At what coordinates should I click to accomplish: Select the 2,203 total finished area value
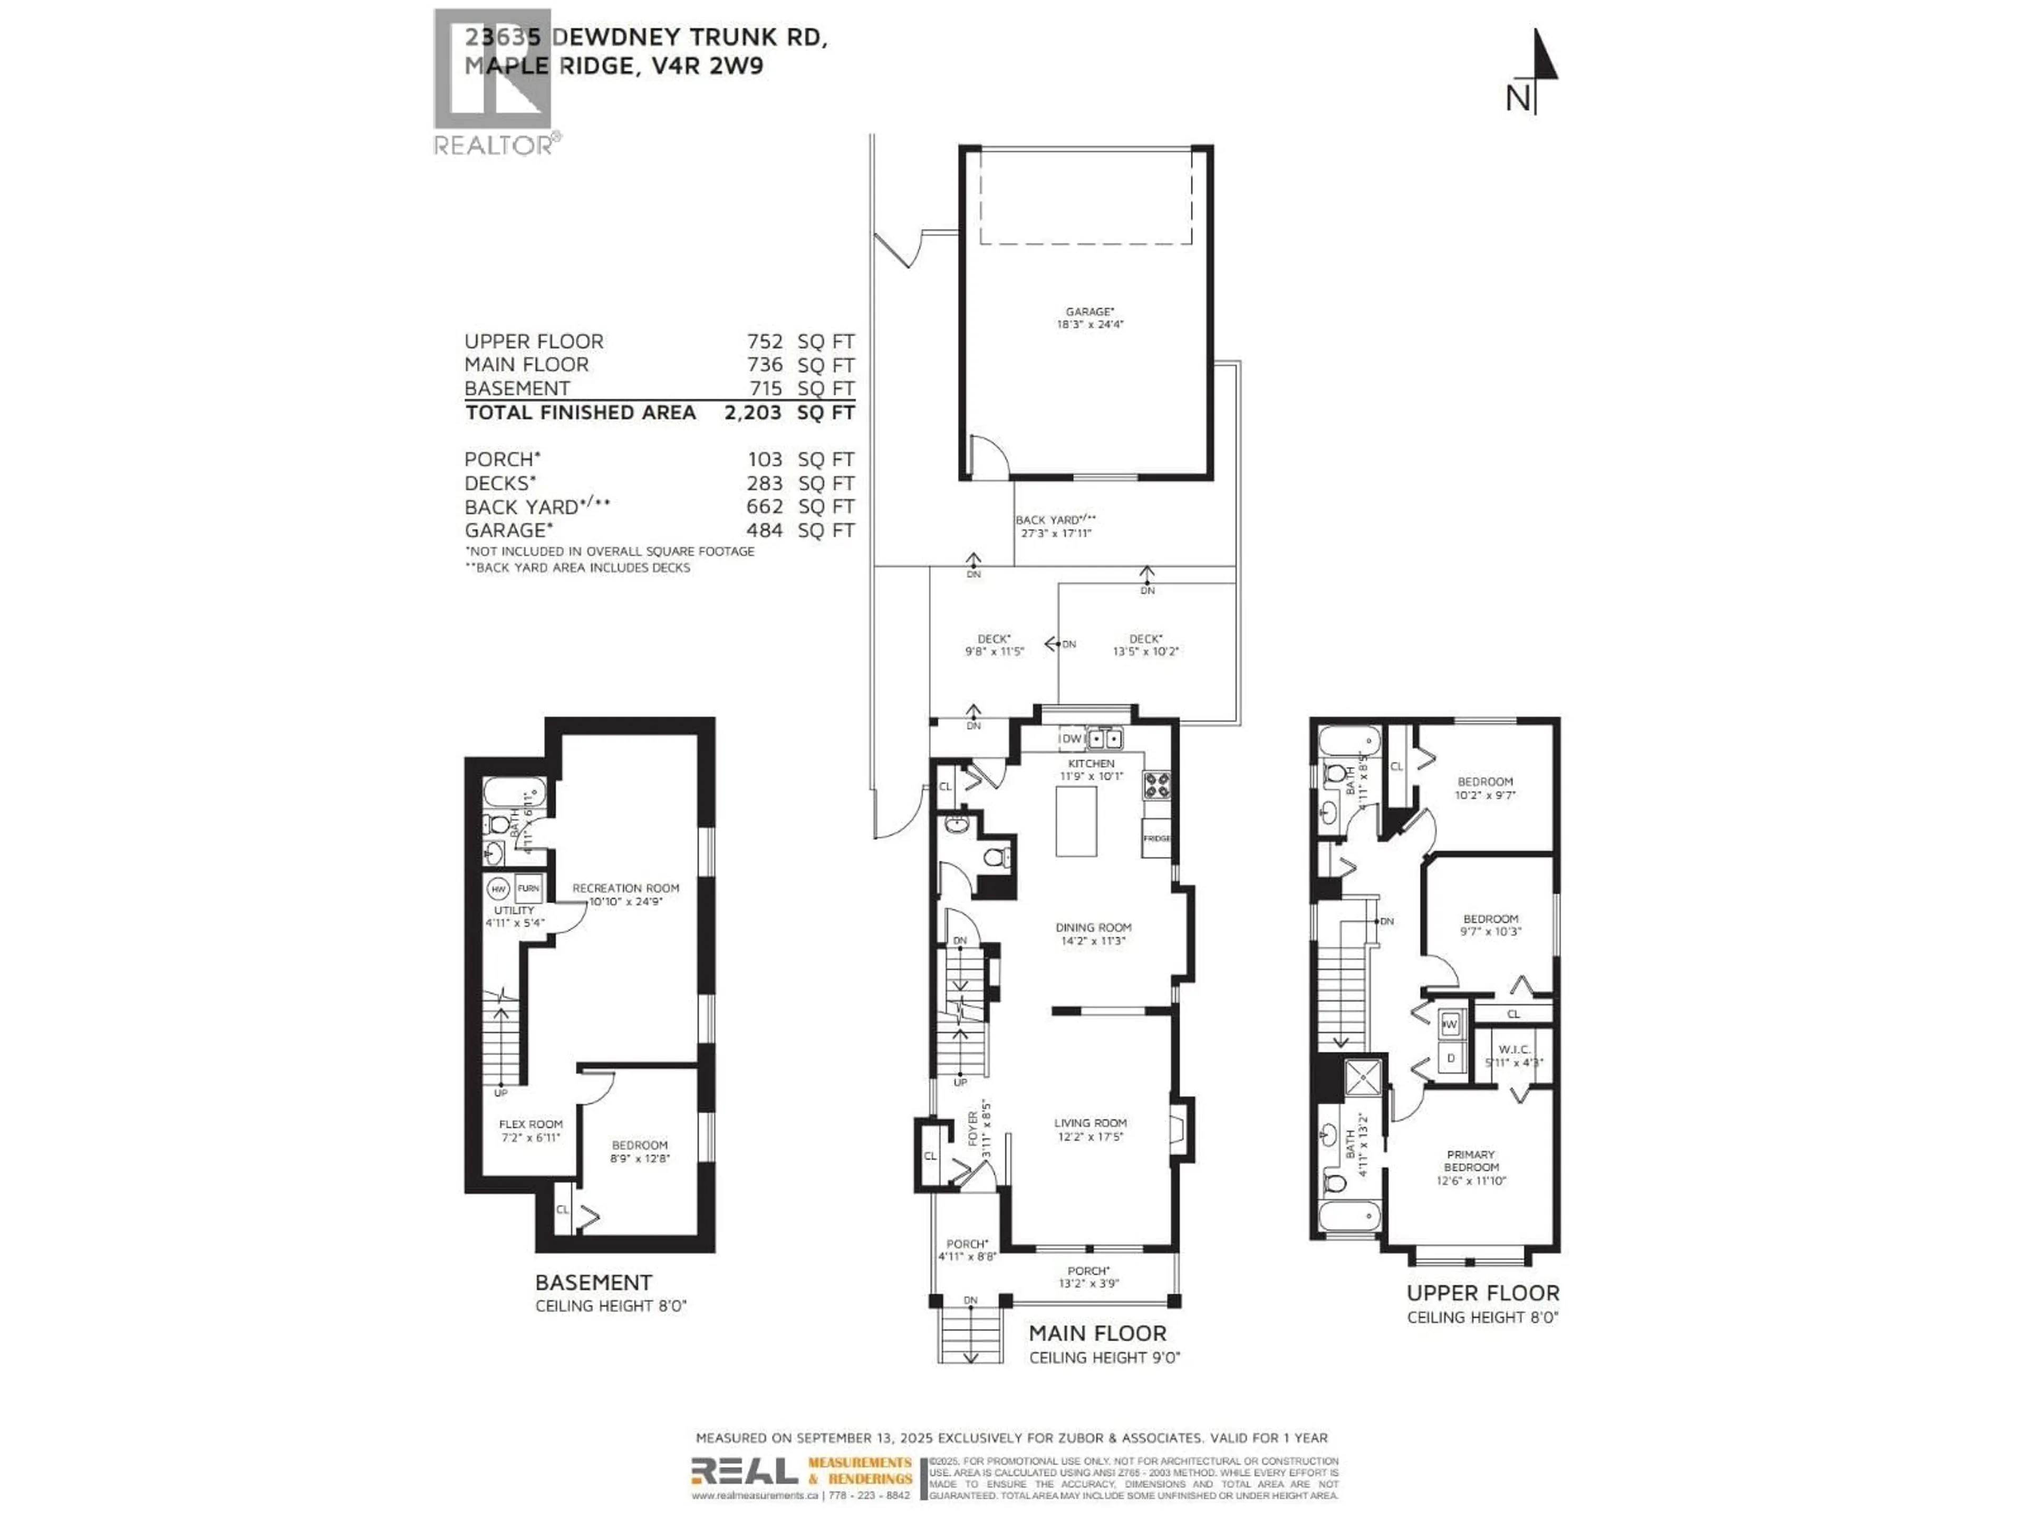click(753, 413)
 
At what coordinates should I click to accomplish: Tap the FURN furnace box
click(528, 888)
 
